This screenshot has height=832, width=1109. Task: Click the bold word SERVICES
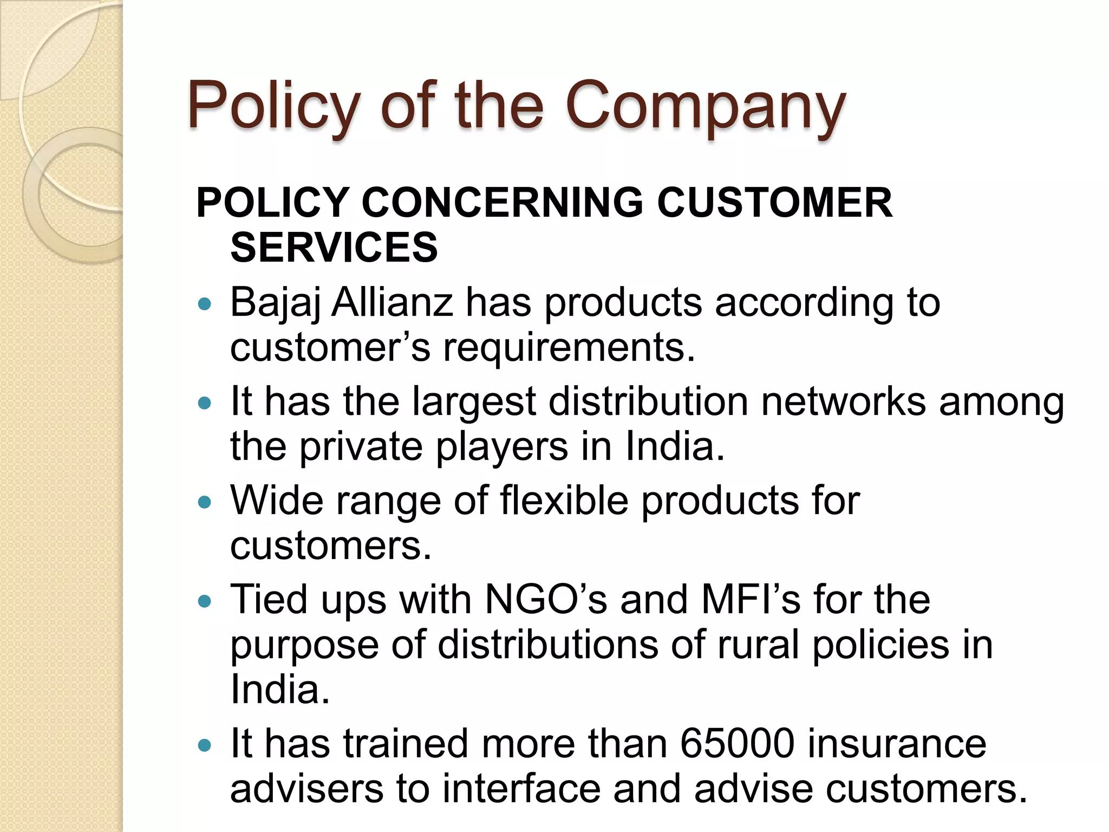334,248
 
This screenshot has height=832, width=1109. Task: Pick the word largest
474,402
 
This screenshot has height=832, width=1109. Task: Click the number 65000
737,744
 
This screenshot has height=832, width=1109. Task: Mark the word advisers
306,789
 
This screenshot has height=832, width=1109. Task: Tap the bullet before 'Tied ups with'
205,601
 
